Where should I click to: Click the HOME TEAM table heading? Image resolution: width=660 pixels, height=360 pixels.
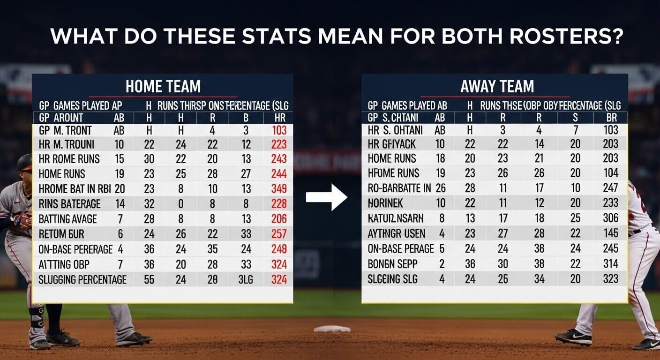[x=163, y=86]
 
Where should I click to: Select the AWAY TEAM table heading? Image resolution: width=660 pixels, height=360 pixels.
[x=497, y=86]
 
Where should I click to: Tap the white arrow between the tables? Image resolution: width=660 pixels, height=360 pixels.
[x=326, y=197]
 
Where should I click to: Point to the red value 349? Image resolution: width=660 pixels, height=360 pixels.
[x=279, y=189]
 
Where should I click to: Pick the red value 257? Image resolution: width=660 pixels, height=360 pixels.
[x=279, y=234]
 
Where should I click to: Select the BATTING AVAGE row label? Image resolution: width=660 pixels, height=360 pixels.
[x=68, y=219]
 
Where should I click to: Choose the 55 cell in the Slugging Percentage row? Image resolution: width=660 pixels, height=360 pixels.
[x=149, y=280]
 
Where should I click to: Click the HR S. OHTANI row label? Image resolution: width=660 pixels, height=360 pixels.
[x=395, y=130]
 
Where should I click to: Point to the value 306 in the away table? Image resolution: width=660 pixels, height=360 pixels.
[x=611, y=218]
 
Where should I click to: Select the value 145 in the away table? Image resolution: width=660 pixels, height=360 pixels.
[x=611, y=233]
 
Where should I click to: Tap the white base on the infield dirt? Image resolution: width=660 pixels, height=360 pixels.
[x=332, y=329]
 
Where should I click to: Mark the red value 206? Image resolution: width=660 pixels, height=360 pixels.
[x=279, y=219]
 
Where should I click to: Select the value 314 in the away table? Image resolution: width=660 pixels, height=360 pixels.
[x=611, y=263]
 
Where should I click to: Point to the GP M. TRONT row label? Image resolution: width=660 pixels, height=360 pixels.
[x=66, y=130]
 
